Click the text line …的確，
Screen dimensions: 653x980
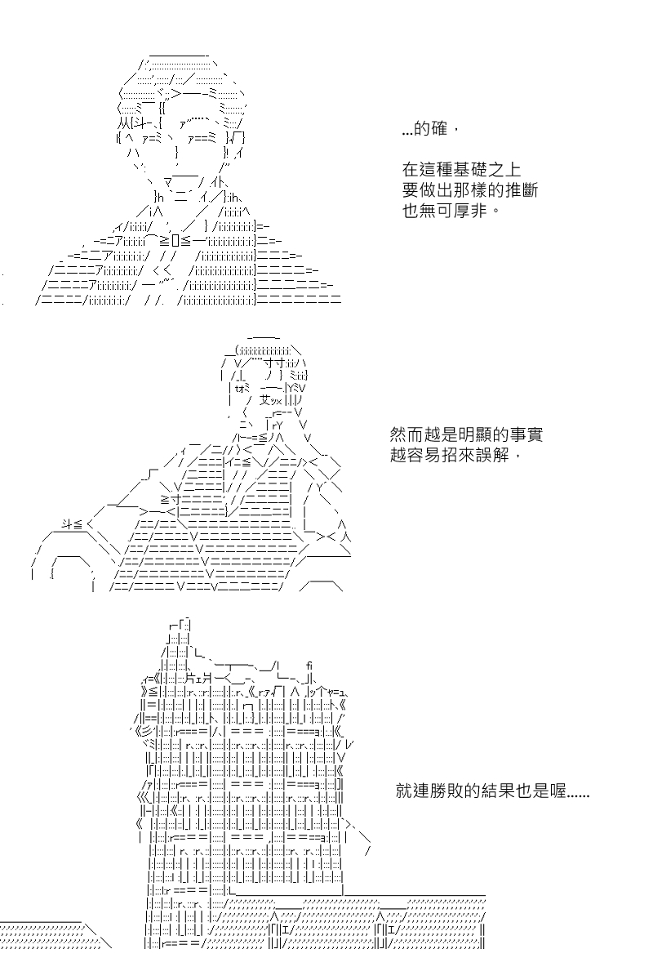coord(430,129)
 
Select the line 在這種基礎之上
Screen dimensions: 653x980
coord(461,169)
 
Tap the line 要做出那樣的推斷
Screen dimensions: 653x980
coord(469,189)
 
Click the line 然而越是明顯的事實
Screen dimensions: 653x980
coord(466,434)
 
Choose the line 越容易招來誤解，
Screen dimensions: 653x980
coord(455,455)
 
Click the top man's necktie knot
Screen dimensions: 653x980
coord(175,240)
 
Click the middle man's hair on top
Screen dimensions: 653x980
coord(267,350)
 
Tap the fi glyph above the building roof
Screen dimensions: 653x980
coord(309,666)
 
